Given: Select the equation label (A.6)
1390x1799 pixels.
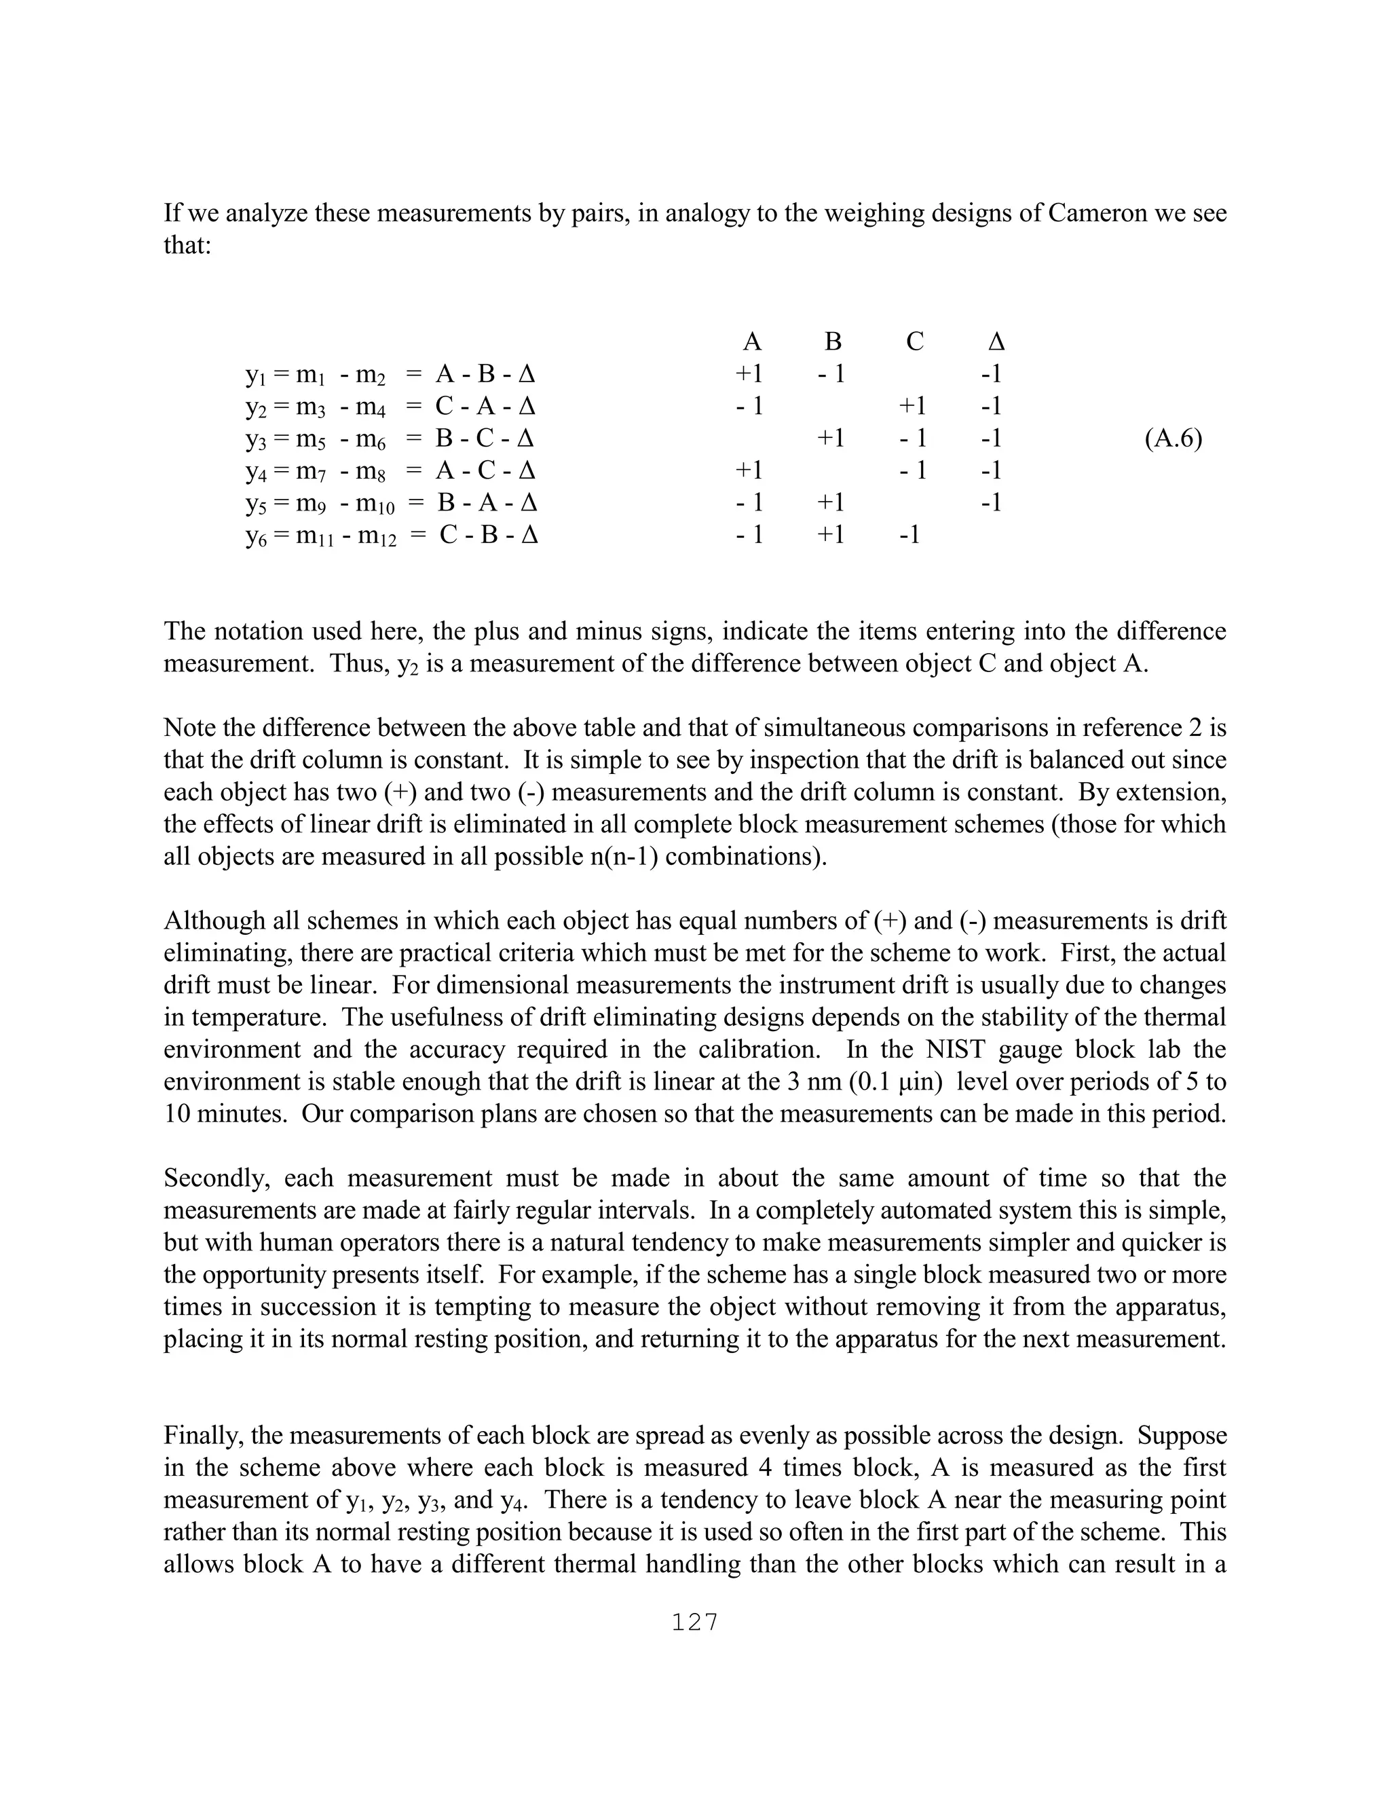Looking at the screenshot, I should (x=1173, y=439).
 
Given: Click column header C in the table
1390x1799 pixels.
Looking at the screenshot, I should (x=914, y=342).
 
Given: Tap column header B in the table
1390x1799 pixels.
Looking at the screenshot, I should (x=833, y=342).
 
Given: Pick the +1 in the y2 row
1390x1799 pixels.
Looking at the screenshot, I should (x=912, y=406).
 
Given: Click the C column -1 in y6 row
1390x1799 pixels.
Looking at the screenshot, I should (x=909, y=536).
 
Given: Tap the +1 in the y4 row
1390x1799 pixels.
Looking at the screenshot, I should (x=749, y=470).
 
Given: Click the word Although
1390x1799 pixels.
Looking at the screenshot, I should (x=214, y=921).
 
